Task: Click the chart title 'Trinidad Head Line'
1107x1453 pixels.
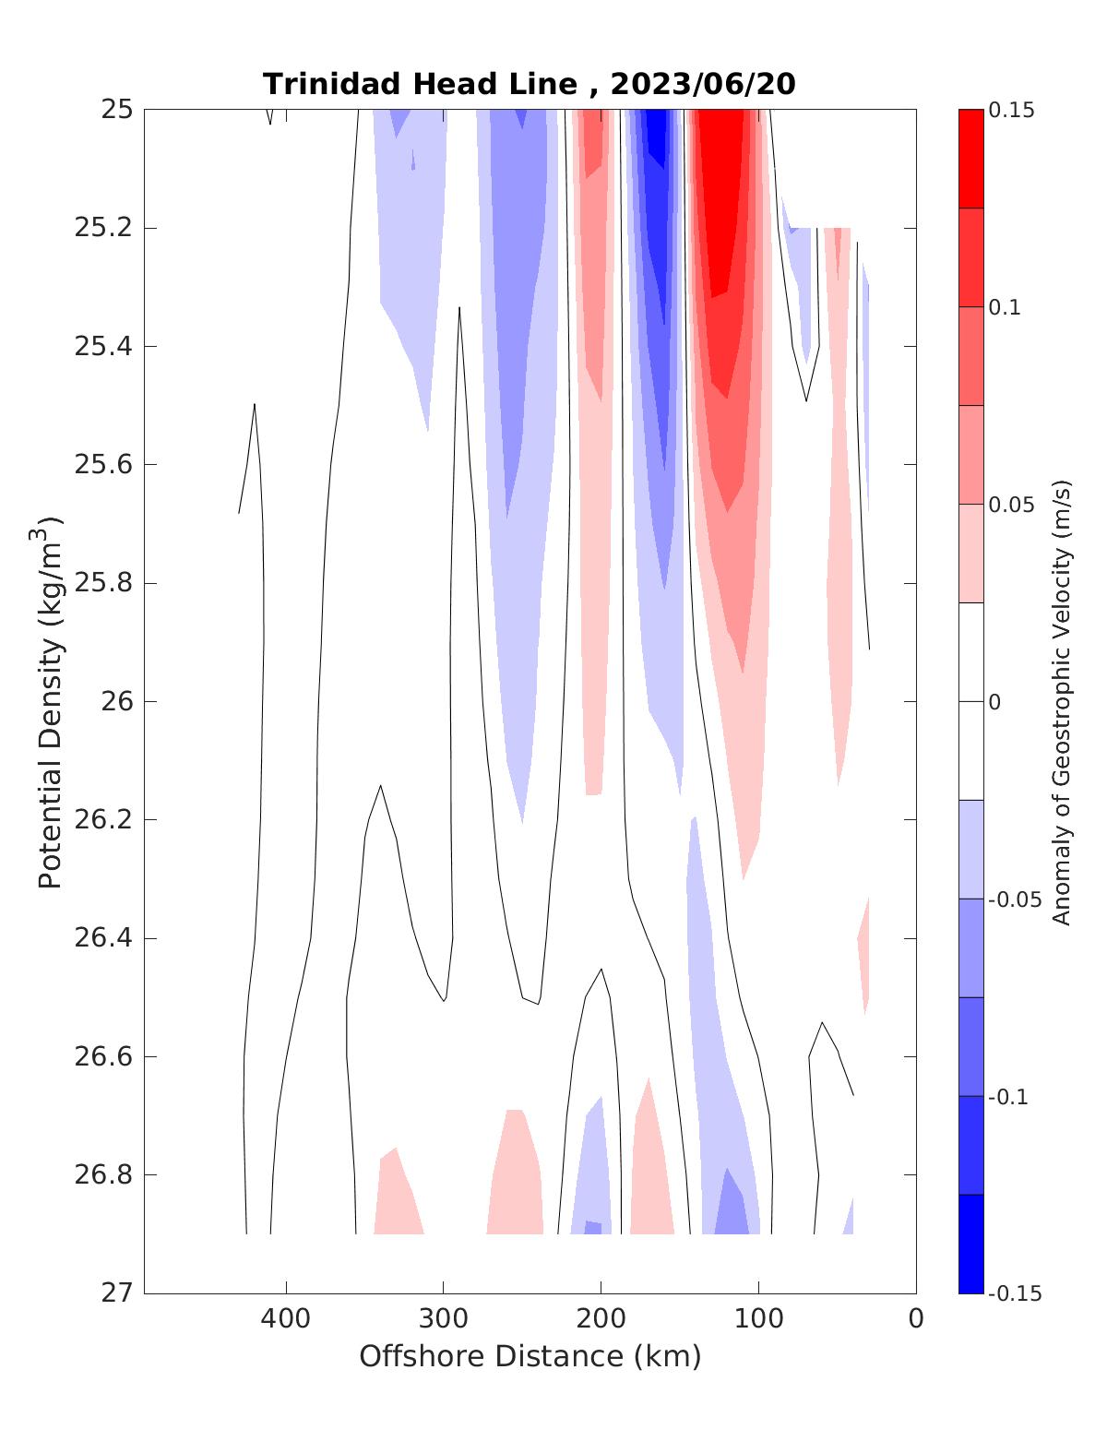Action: [420, 84]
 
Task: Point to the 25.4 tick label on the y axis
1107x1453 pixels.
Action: [102, 346]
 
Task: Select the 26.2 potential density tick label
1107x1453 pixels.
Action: [102, 819]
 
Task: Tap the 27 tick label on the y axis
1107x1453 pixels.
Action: [118, 1292]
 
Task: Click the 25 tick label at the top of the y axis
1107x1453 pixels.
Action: [118, 110]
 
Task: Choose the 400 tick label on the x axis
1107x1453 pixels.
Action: [286, 1318]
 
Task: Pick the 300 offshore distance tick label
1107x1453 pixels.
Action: [443, 1318]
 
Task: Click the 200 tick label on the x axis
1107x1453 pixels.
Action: [601, 1318]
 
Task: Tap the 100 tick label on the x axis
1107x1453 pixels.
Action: [758, 1318]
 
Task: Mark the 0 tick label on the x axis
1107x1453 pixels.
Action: [915, 1318]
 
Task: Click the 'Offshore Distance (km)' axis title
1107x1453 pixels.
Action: [530, 1356]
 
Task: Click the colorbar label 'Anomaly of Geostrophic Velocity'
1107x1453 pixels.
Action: [1062, 701]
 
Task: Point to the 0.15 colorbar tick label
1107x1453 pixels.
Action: [1011, 111]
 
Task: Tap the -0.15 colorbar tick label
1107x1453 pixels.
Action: [1014, 1293]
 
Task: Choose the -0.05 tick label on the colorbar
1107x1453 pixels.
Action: [1014, 899]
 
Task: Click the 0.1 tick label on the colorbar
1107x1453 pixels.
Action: [1005, 307]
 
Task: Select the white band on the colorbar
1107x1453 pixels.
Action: [970, 701]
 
